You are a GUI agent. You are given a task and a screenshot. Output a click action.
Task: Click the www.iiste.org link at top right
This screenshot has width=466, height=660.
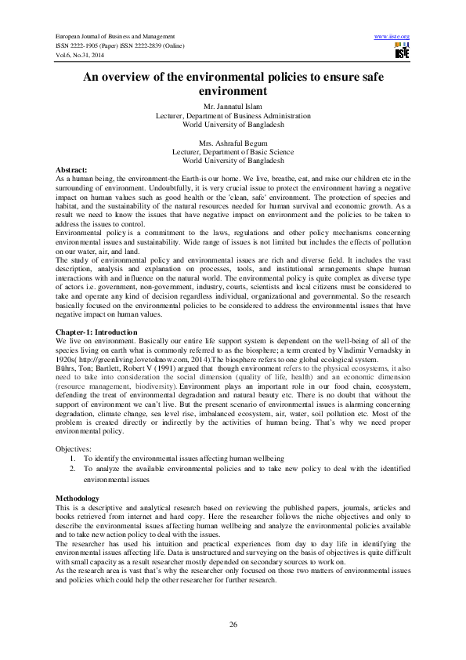point(393,37)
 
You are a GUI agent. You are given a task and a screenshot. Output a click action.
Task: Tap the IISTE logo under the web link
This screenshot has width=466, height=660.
point(402,52)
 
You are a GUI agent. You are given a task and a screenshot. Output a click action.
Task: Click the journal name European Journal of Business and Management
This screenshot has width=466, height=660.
point(114,37)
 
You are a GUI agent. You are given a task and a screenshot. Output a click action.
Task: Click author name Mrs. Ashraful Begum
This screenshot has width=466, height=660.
point(233,143)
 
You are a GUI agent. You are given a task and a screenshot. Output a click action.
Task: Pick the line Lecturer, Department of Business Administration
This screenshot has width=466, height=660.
point(233,115)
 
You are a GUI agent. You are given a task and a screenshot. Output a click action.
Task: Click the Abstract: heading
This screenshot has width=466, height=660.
point(71,169)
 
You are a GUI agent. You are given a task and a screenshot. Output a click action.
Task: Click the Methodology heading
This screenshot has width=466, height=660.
point(78,499)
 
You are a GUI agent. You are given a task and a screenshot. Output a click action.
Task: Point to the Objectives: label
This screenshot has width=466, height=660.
point(73,448)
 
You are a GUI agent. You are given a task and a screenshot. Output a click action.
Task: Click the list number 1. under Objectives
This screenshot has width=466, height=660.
point(73,458)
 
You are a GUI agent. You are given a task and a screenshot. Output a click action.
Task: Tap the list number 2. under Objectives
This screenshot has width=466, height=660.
point(73,468)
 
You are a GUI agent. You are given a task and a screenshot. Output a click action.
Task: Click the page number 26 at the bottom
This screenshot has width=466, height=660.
point(233,624)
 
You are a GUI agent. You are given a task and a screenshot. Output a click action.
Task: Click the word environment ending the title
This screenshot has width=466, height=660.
point(233,92)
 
